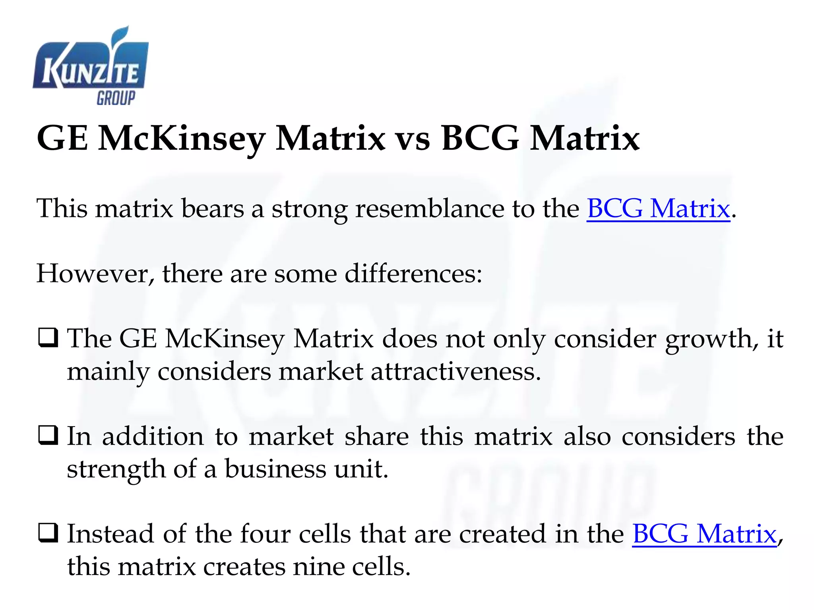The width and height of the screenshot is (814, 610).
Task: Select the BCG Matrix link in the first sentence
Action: (x=658, y=208)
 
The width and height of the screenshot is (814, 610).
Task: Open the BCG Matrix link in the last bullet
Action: (x=704, y=534)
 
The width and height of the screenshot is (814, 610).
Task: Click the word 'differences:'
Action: (x=413, y=274)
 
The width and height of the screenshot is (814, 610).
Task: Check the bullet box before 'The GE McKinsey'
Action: (x=48, y=338)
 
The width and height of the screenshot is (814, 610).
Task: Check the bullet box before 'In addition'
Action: (x=48, y=436)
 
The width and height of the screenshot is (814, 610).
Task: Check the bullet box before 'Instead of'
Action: (x=48, y=533)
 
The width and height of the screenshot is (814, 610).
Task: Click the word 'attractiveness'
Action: (x=455, y=372)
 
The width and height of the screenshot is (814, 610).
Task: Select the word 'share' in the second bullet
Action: (x=376, y=436)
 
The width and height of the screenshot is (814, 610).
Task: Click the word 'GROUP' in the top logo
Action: (x=116, y=98)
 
